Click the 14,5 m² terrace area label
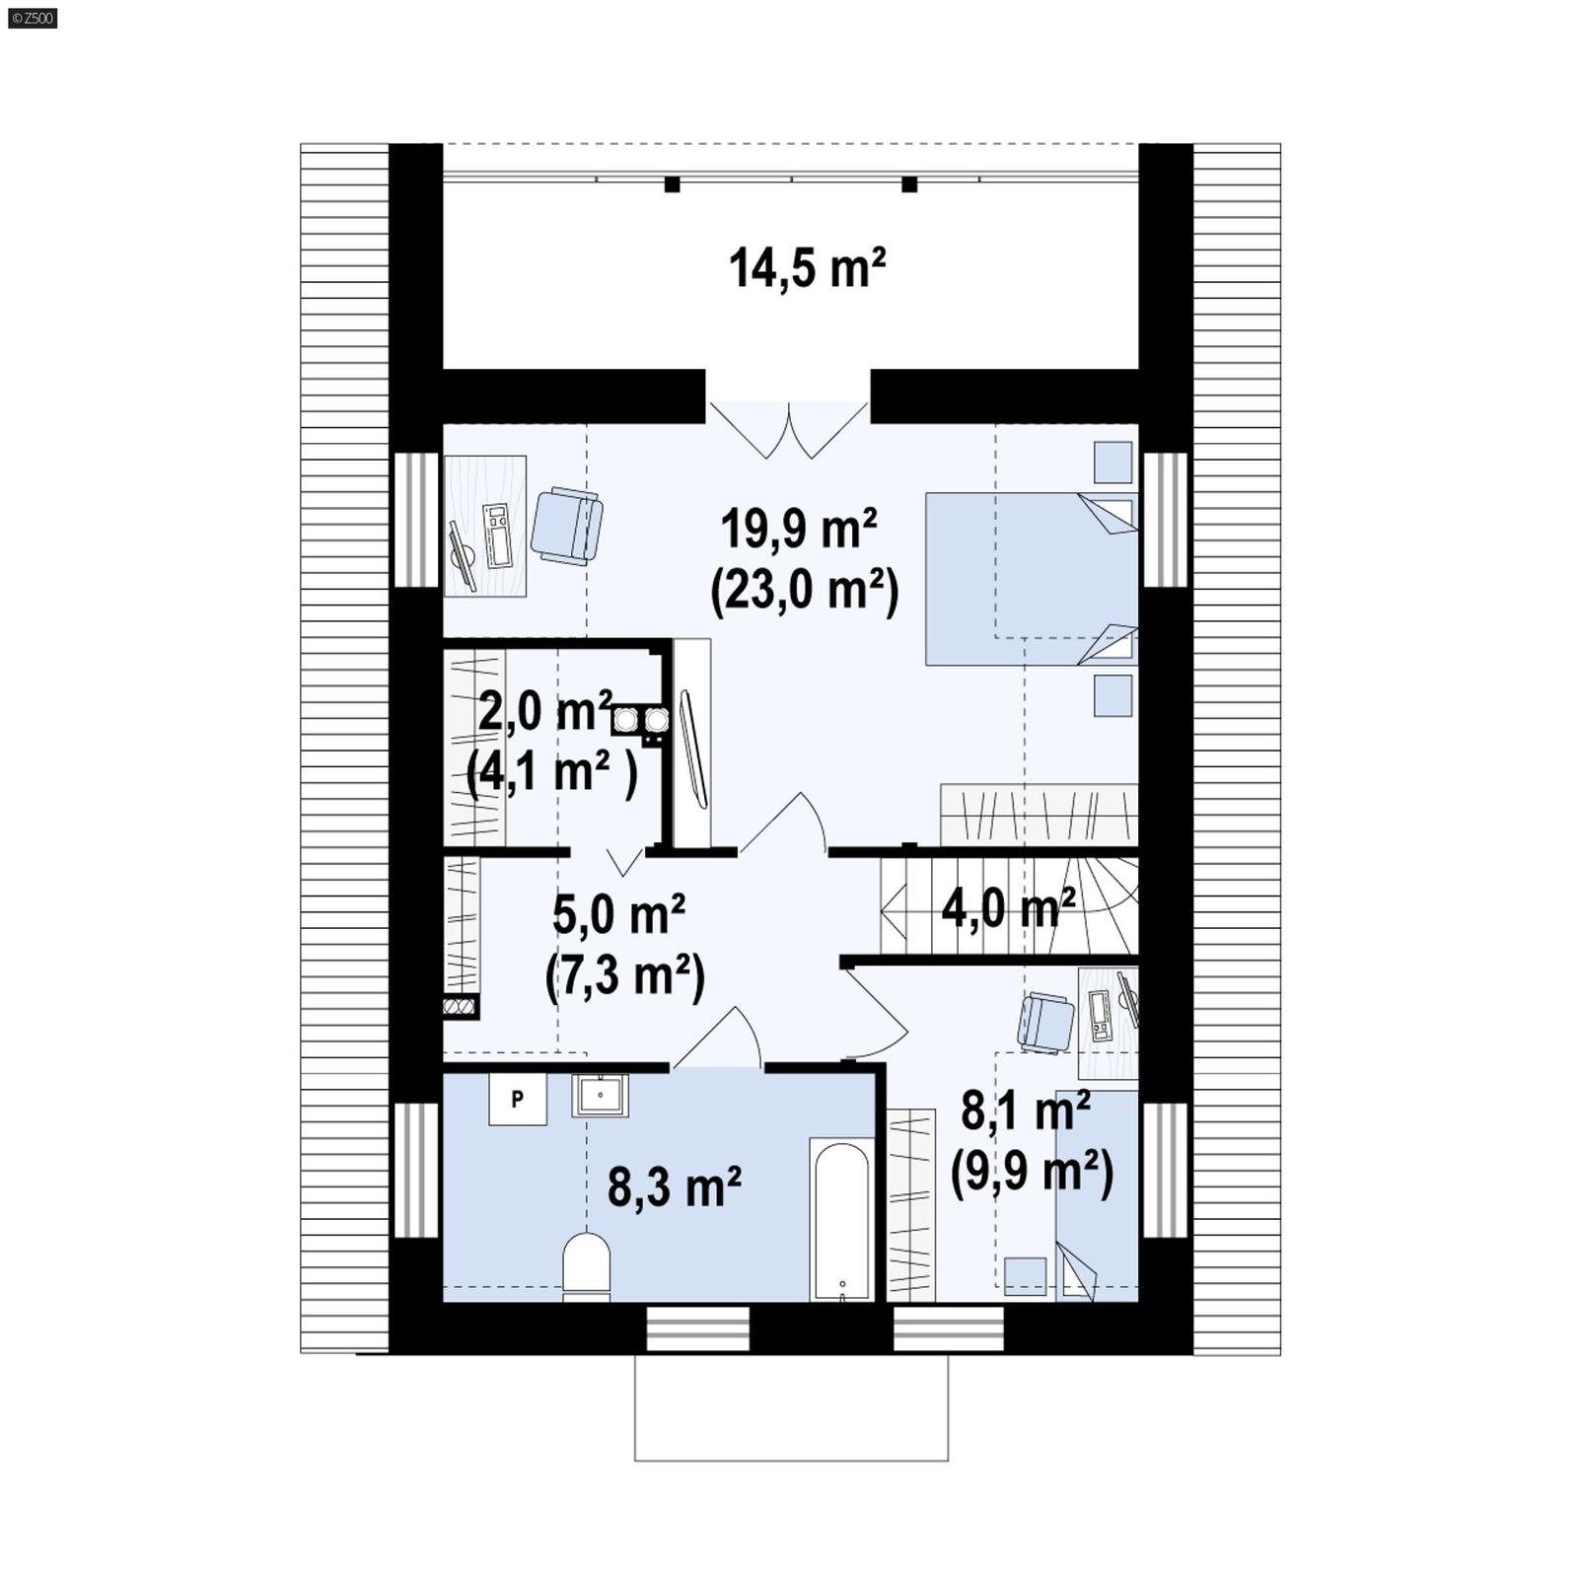[x=807, y=268]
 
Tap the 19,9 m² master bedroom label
[x=799, y=529]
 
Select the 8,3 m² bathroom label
[x=675, y=1186]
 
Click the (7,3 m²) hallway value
[x=625, y=976]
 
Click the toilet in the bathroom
[x=587, y=1265]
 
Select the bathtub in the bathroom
[x=841, y=1220]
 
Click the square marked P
[x=518, y=1099]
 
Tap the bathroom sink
[x=600, y=1095]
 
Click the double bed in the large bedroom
[x=1031, y=578]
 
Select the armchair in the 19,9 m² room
[x=567, y=526]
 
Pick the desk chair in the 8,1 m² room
[x=1045, y=1023]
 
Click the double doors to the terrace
[x=788, y=430]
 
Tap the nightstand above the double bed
[x=1112, y=463]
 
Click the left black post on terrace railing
[x=672, y=184]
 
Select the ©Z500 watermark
[x=32, y=17]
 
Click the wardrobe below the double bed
[x=1039, y=815]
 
